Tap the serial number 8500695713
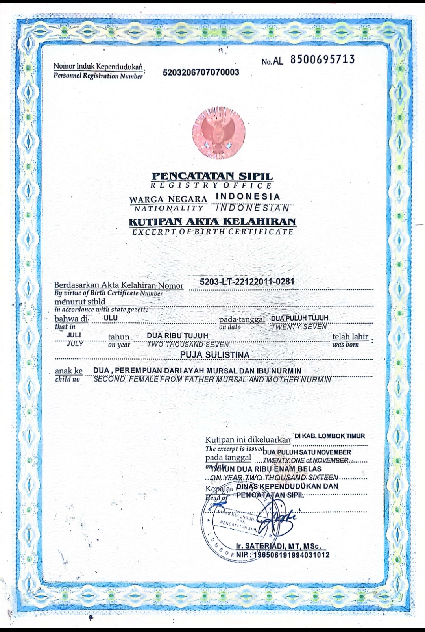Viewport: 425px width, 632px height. click(x=323, y=59)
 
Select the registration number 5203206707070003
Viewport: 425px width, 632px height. click(x=201, y=72)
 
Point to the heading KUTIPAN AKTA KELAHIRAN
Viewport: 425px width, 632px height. click(x=213, y=222)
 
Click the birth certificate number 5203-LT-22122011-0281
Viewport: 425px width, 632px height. click(x=247, y=282)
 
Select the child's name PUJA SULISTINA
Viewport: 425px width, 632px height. click(x=214, y=355)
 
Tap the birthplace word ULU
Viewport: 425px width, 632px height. click(x=111, y=318)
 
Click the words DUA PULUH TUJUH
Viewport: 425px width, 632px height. click(x=299, y=318)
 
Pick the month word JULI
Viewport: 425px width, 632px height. click(x=74, y=335)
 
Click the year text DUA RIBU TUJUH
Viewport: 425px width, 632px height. click(x=177, y=335)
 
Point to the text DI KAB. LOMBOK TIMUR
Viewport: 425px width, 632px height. click(x=329, y=436)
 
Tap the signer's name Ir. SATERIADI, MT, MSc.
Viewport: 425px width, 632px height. click(x=278, y=546)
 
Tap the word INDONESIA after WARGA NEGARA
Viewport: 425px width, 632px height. click(x=248, y=196)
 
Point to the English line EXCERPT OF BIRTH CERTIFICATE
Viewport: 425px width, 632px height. click(x=213, y=232)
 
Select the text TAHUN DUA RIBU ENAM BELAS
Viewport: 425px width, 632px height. click(x=266, y=469)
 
